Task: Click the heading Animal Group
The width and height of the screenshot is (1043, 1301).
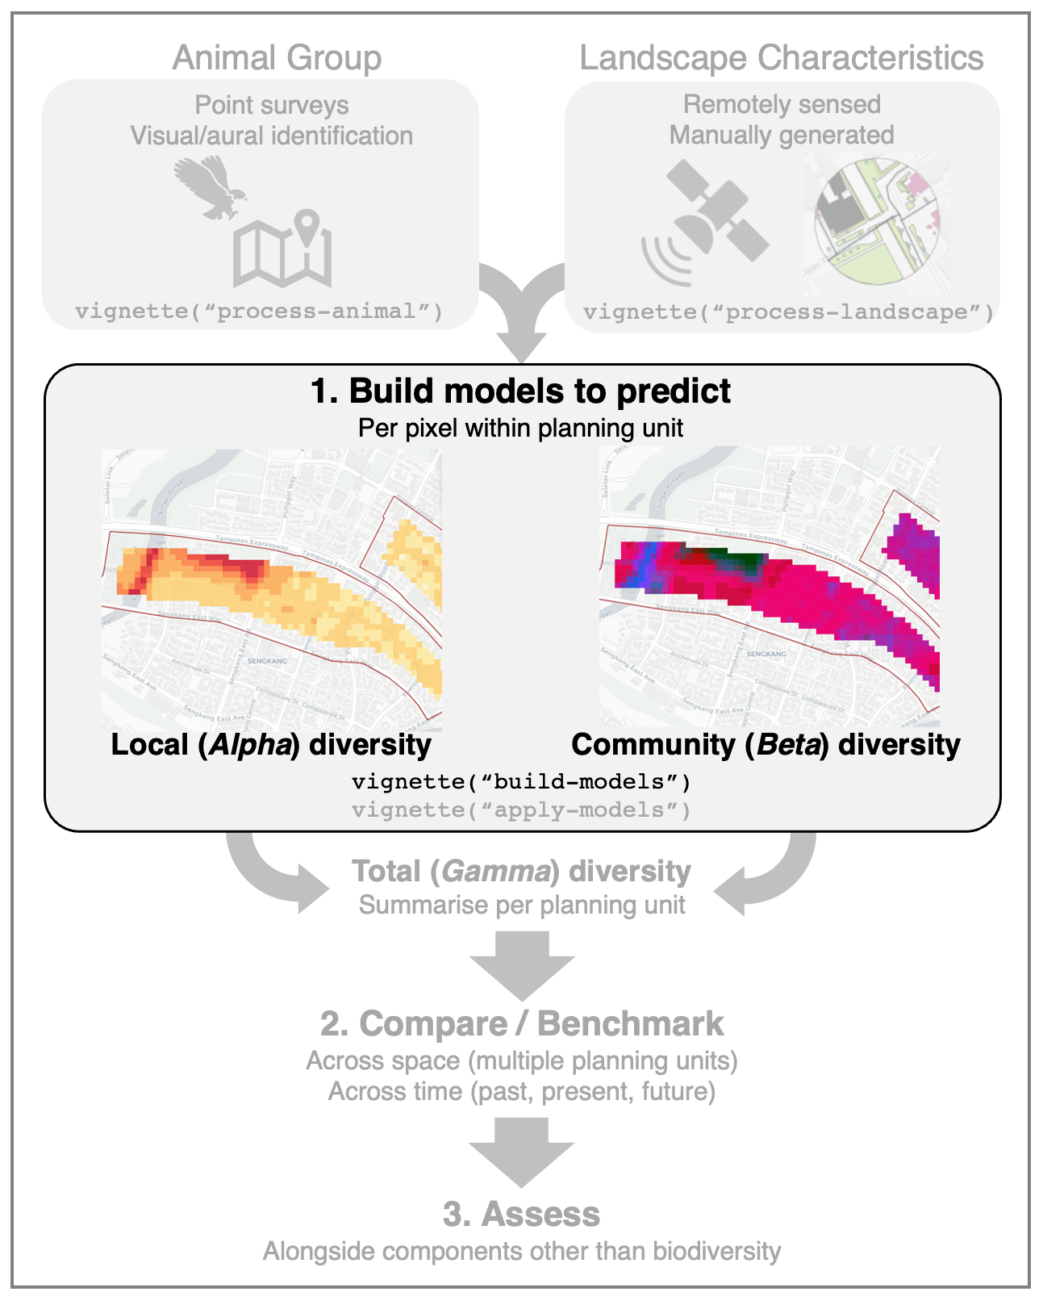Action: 277,58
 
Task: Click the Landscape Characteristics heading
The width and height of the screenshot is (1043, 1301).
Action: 781,58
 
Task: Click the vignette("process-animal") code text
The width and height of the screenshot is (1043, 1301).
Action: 259,312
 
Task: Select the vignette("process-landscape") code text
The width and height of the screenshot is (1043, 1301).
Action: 788,312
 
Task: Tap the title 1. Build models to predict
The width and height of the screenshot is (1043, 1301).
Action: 521,391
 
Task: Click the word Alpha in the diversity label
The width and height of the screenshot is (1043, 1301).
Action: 250,744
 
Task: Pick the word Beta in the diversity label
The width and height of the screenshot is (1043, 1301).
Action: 787,744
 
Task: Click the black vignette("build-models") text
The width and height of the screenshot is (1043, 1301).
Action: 521,781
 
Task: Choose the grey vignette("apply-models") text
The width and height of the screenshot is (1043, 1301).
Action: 521,809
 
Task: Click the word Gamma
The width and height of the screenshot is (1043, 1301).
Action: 496,872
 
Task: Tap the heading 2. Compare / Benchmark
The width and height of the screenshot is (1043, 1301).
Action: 521,1023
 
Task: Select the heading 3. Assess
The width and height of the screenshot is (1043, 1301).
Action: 521,1214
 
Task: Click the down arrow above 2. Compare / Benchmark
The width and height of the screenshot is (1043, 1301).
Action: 522,964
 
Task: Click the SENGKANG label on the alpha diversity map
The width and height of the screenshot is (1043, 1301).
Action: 267,661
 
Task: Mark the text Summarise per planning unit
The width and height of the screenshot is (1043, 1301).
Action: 522,906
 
